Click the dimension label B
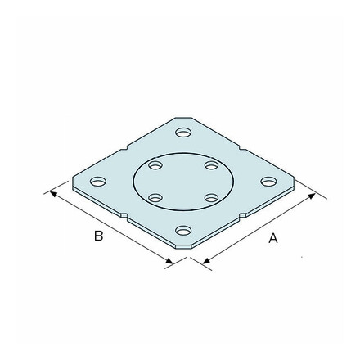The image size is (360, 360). [x=99, y=236]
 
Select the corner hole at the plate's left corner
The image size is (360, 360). [x=97, y=181]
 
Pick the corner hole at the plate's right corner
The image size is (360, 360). [x=268, y=181]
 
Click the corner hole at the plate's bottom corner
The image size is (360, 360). [x=183, y=232]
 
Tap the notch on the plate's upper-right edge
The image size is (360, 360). [x=241, y=150]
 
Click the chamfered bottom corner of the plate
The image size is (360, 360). [x=183, y=245]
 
